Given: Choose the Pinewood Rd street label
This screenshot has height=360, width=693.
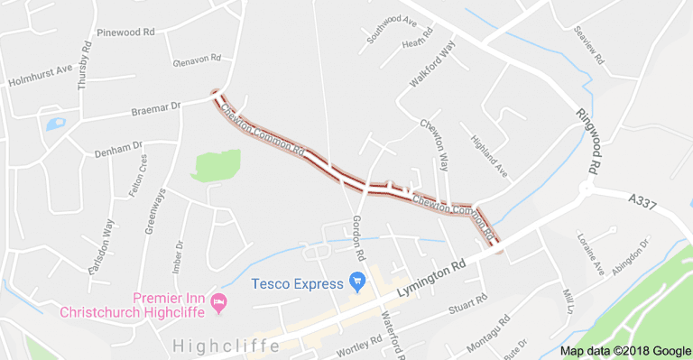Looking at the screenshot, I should (x=125, y=32).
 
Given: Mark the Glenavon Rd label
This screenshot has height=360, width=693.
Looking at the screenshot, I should (x=197, y=60).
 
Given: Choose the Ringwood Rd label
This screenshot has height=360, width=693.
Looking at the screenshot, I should (x=587, y=141).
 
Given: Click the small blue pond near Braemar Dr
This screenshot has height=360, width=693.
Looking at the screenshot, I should (x=55, y=124).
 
